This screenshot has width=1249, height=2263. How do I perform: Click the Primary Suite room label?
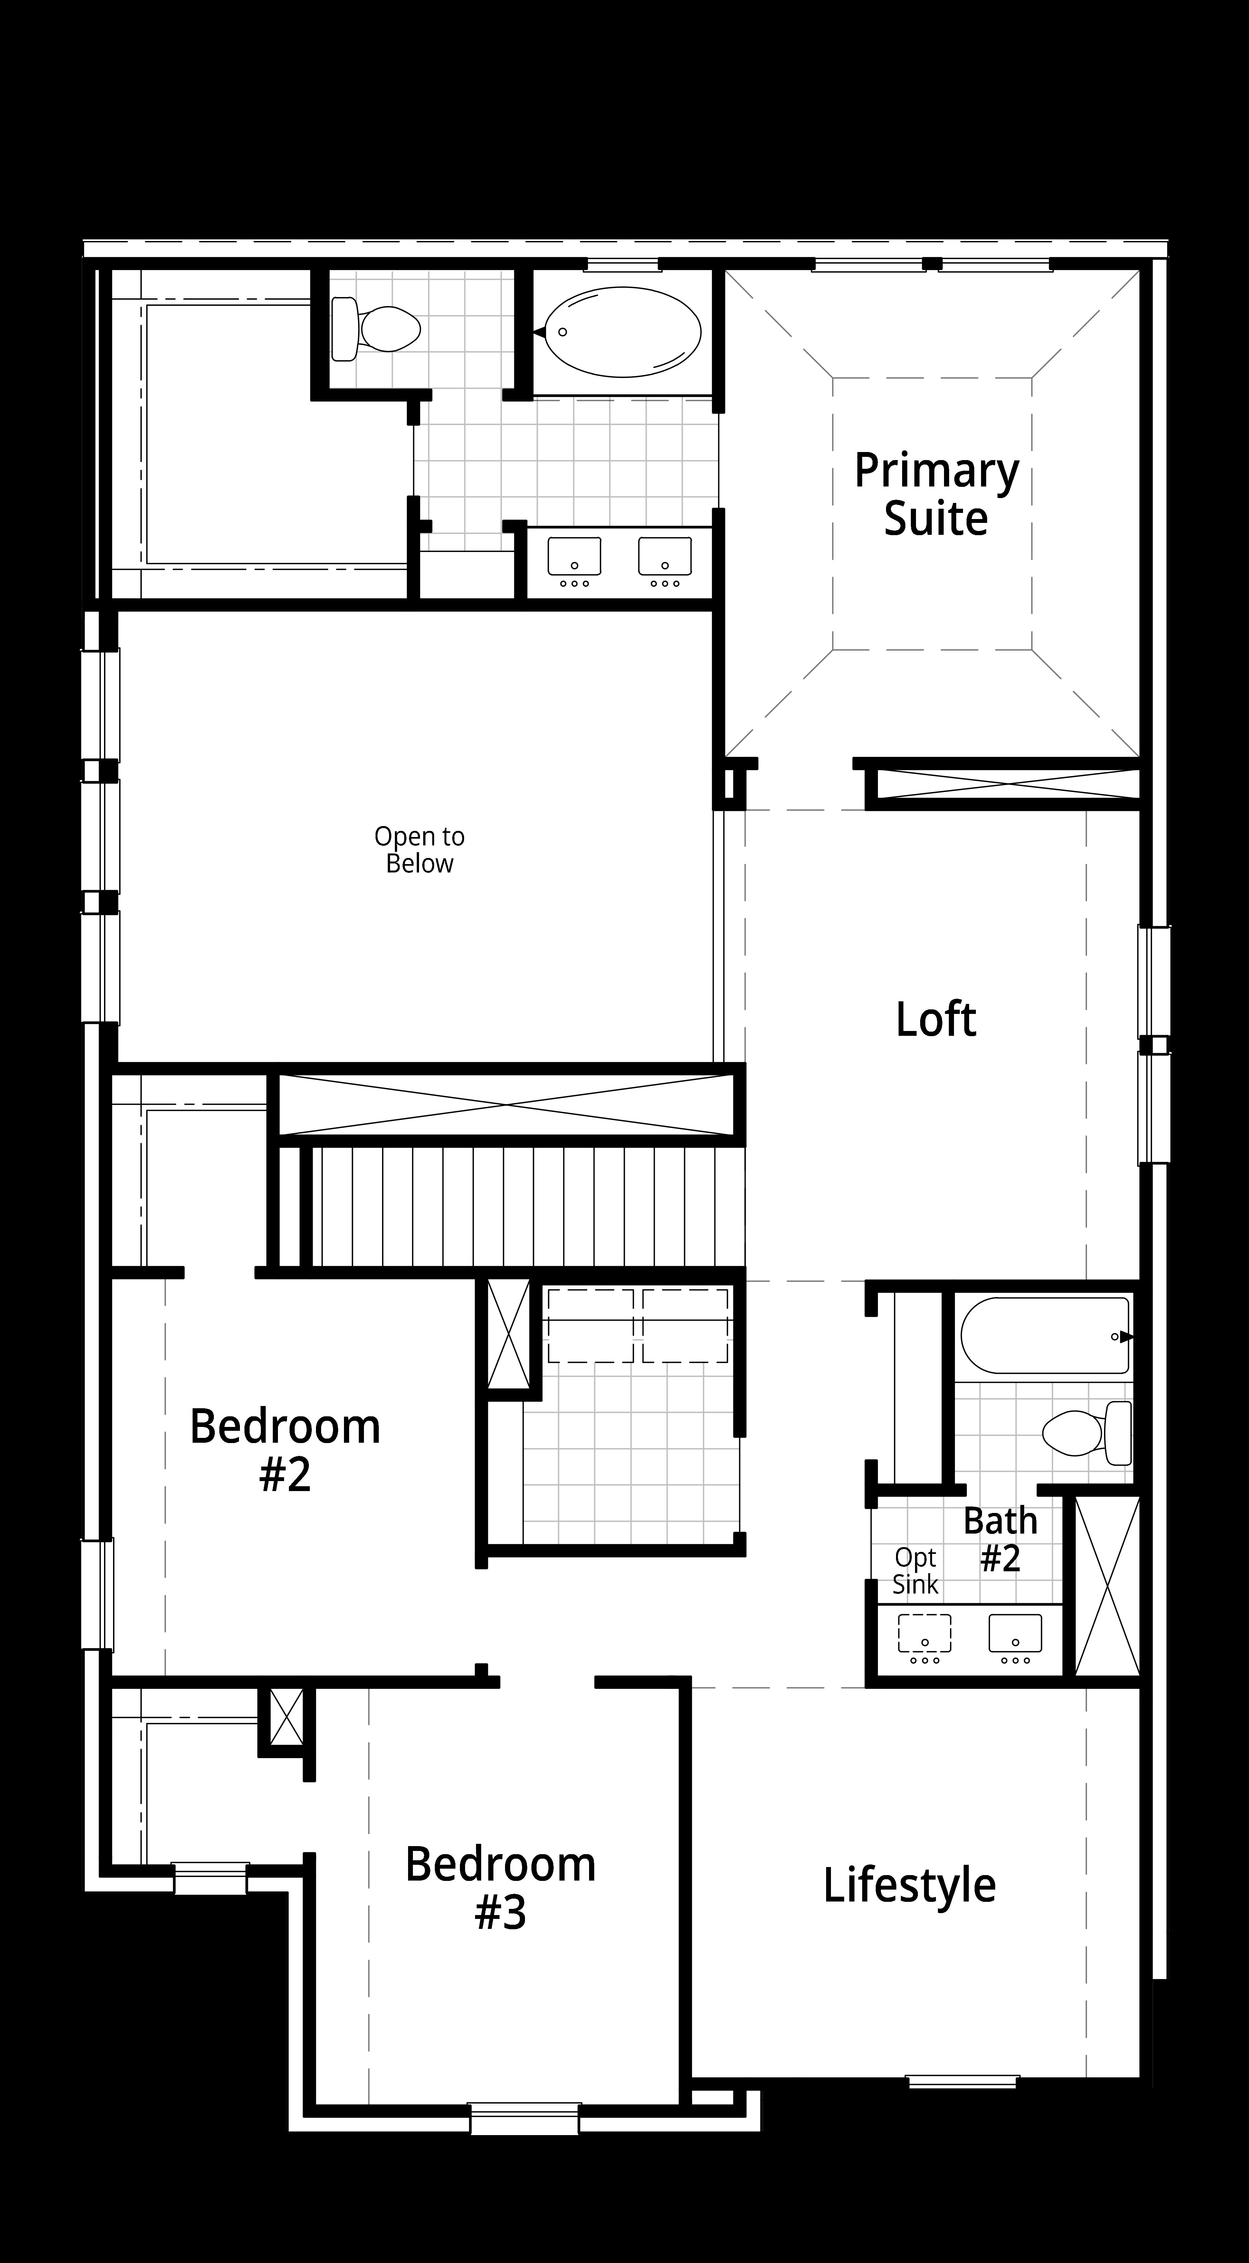[936, 495]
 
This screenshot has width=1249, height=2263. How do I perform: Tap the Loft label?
[935, 1019]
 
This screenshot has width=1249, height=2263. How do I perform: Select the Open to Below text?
[419, 850]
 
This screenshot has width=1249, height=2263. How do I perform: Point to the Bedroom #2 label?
[285, 1449]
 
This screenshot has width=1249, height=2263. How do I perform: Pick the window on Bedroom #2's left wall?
[98, 1594]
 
